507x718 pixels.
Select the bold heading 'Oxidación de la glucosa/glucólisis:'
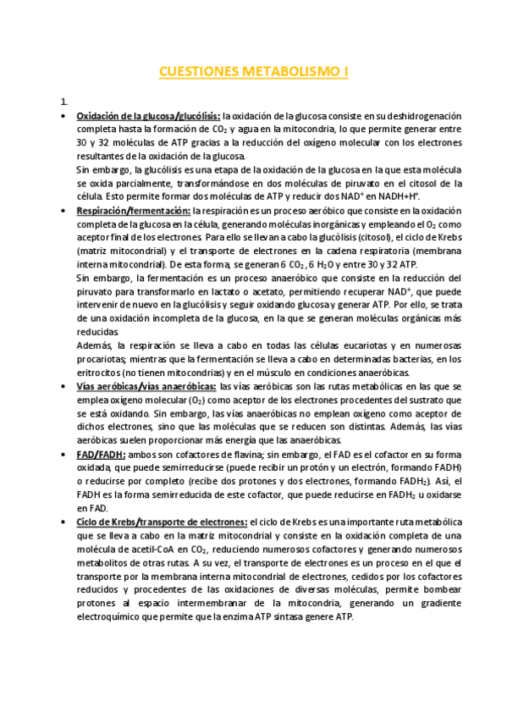coord(148,116)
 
